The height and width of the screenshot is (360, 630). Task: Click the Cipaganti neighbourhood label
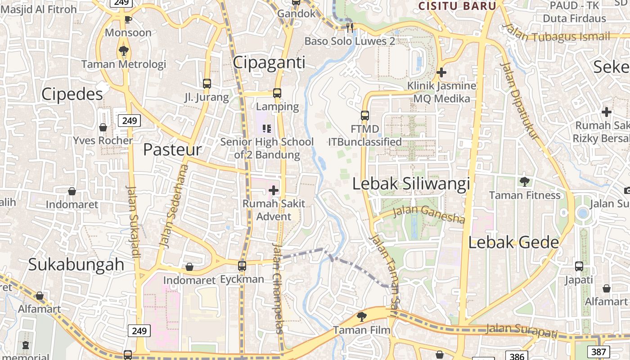[269, 63]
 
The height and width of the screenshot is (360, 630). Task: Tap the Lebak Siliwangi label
[411, 184]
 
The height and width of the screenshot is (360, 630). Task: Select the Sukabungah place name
[76, 265]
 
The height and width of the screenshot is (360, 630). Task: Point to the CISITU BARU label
[457, 6]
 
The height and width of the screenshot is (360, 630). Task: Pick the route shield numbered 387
[598, 351]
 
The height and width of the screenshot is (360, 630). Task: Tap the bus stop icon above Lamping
[277, 93]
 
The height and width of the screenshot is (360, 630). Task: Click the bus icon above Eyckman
[242, 266]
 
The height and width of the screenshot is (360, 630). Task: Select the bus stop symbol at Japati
[579, 266]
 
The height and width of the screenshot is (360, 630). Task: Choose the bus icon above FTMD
[365, 116]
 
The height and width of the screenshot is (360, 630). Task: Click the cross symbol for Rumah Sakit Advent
[274, 190]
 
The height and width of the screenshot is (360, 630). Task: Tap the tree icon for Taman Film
[361, 317]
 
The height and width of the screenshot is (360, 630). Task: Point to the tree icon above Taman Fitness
[524, 182]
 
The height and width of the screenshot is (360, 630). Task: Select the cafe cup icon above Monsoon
[128, 19]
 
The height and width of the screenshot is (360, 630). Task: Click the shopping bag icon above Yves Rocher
[103, 127]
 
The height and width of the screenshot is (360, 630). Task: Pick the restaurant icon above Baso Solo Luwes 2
[350, 27]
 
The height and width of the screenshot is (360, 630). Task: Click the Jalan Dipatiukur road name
[520, 100]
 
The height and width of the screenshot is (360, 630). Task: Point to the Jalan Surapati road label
[522, 331]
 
